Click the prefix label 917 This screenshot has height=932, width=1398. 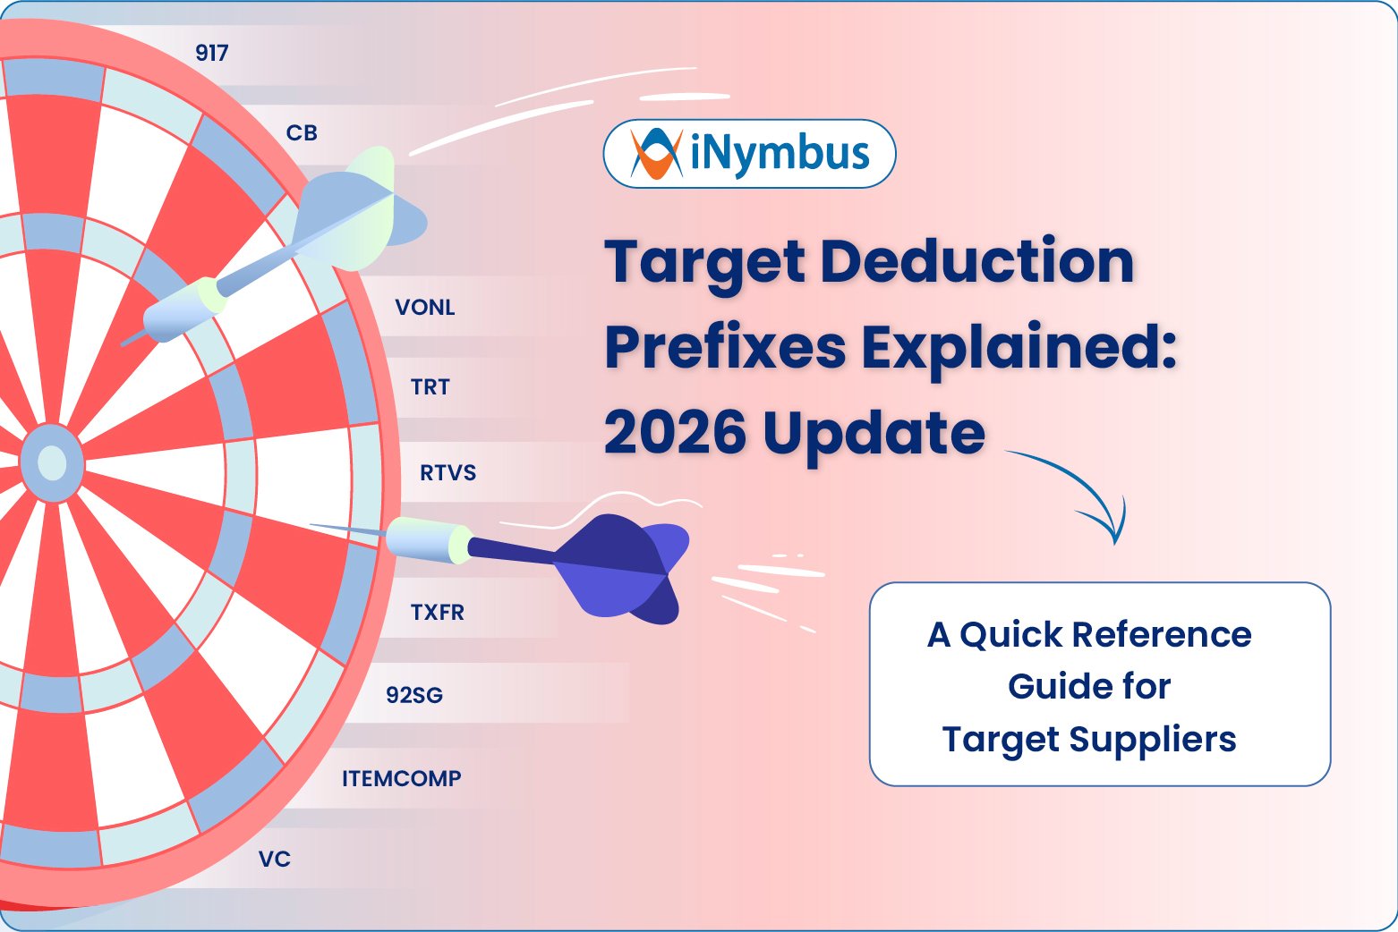pos(212,53)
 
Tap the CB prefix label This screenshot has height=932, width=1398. pos(302,133)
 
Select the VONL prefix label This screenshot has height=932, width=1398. pos(425,308)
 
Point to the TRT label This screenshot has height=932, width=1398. pos(430,387)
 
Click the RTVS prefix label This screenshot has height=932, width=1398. pos(448,473)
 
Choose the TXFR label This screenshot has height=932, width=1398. pos(437,613)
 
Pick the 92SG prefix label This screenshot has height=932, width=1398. pos(414,695)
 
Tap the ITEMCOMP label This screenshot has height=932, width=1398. pos(402,778)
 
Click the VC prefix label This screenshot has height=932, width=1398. pos(275,860)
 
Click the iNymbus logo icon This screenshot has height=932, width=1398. pos(656,154)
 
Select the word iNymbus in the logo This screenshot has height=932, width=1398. pos(780,154)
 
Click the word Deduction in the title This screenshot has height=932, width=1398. pos(976,262)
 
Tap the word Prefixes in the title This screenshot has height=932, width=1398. pos(726,347)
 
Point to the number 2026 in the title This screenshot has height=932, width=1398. pos(675,433)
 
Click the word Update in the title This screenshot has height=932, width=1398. pos(874,433)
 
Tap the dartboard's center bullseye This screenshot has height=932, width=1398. pos(52,463)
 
